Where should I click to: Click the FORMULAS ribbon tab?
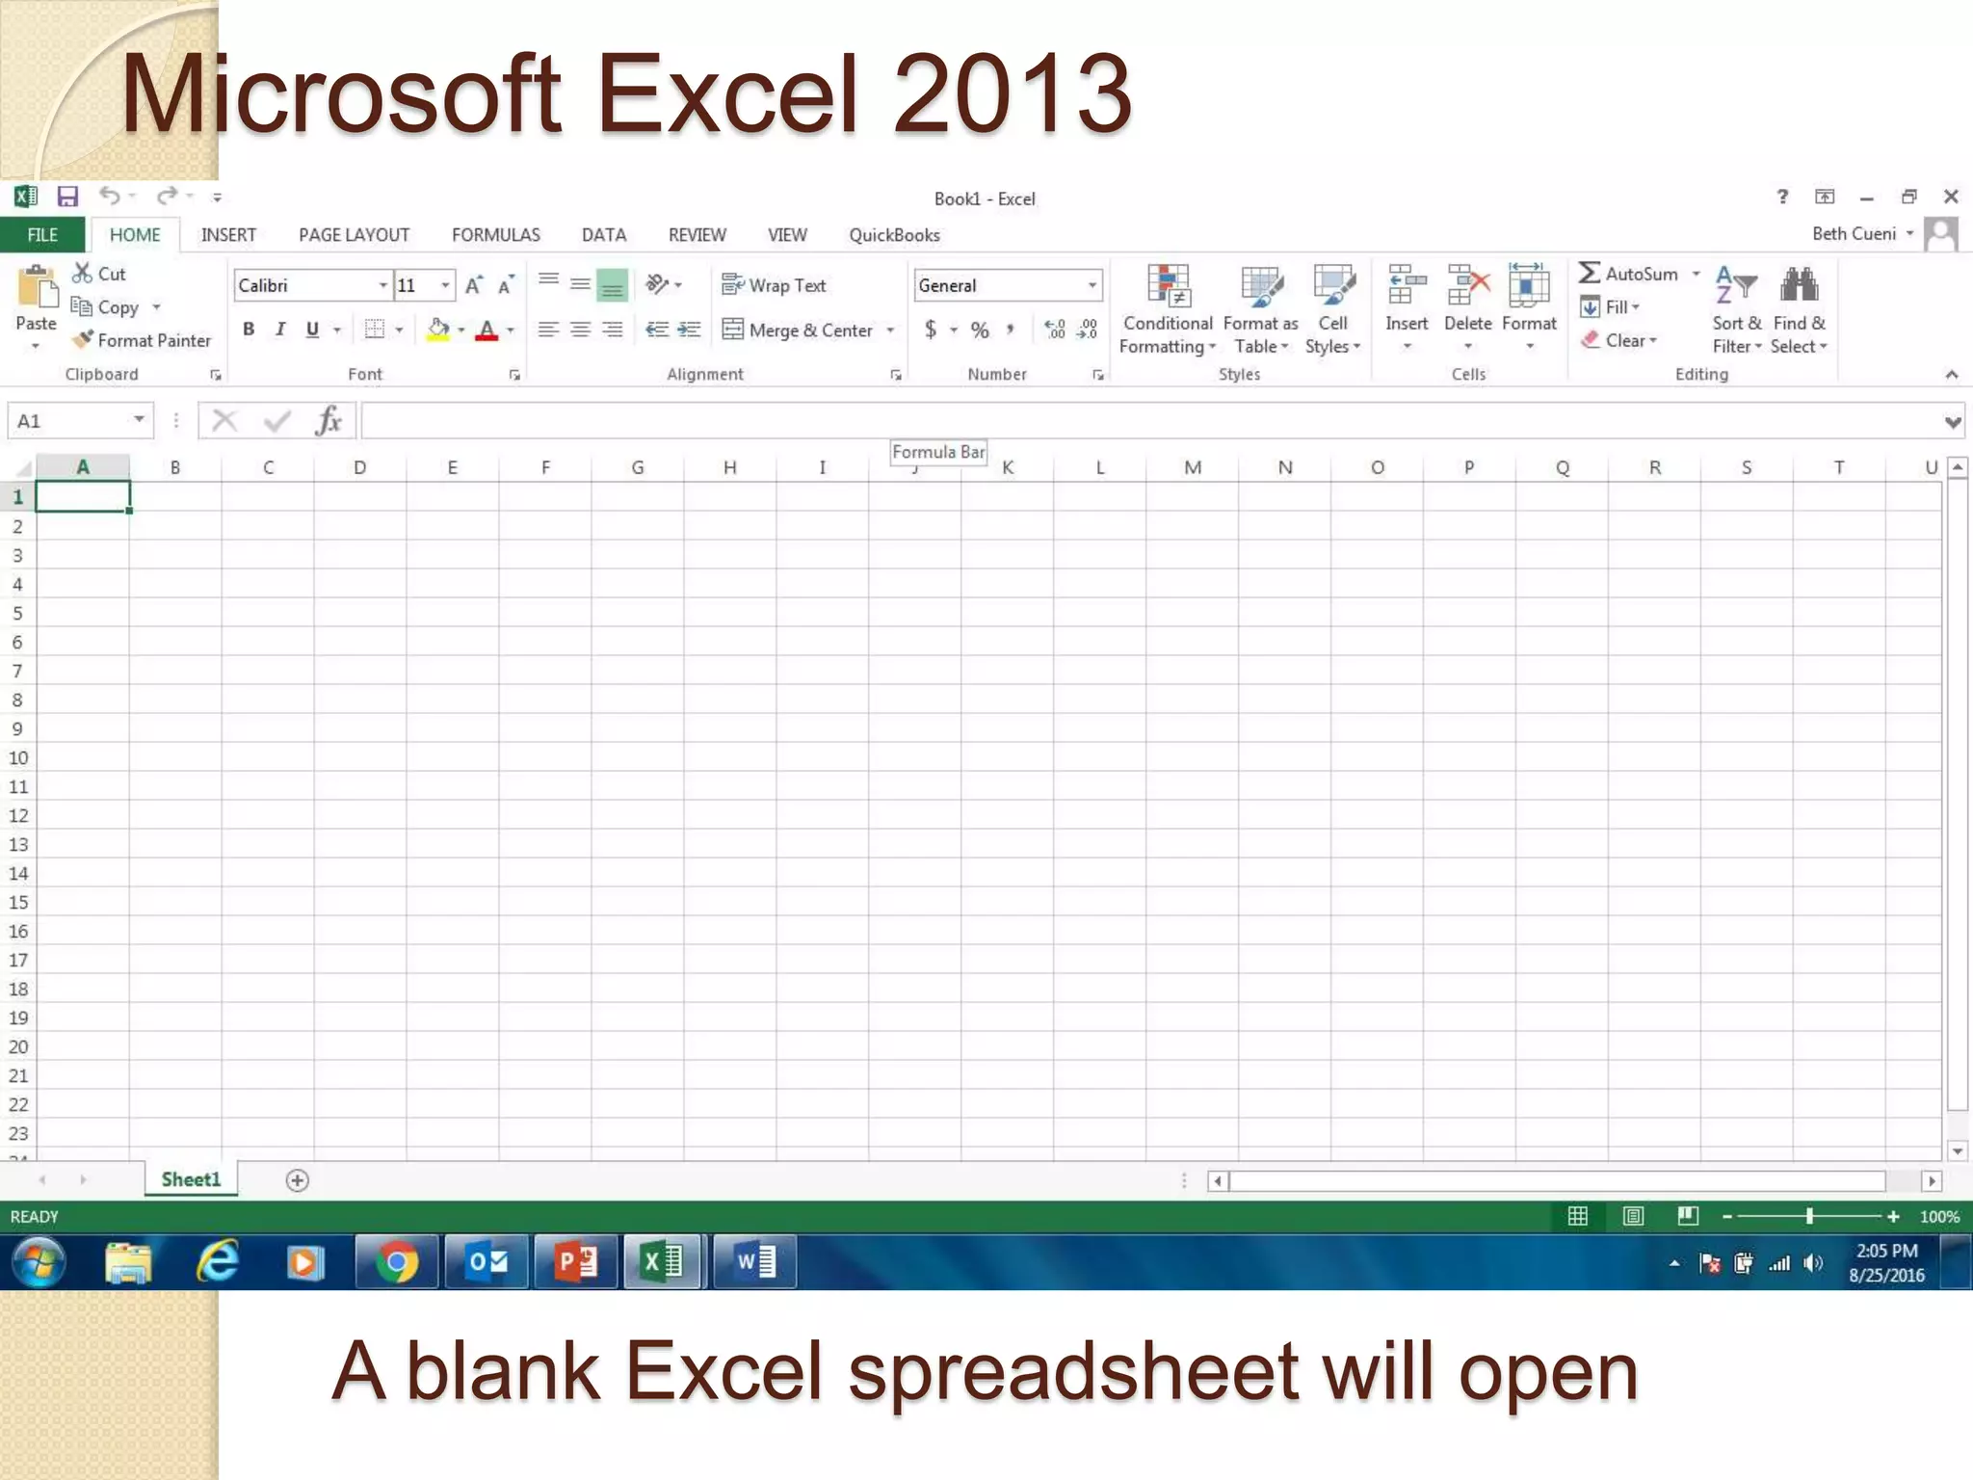tap(495, 235)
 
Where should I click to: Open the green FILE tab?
tap(42, 235)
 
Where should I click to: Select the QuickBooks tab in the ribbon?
tap(894, 235)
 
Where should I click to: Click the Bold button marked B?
tap(249, 330)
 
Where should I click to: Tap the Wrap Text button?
tap(775, 285)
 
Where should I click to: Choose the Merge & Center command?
tap(800, 330)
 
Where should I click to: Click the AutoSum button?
tap(1629, 274)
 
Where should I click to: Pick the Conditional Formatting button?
tap(1168, 308)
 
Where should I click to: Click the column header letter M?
tap(1193, 467)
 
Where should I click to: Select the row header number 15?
tap(18, 902)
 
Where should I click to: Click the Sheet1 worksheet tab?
tap(191, 1179)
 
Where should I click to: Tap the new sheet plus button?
tap(298, 1180)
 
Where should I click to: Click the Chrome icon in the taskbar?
tap(396, 1262)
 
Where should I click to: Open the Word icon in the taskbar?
tap(755, 1262)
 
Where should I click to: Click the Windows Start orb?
tap(39, 1262)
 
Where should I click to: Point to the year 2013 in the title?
tap(1012, 94)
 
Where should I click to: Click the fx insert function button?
tap(329, 421)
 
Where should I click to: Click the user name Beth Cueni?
tap(1854, 234)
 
